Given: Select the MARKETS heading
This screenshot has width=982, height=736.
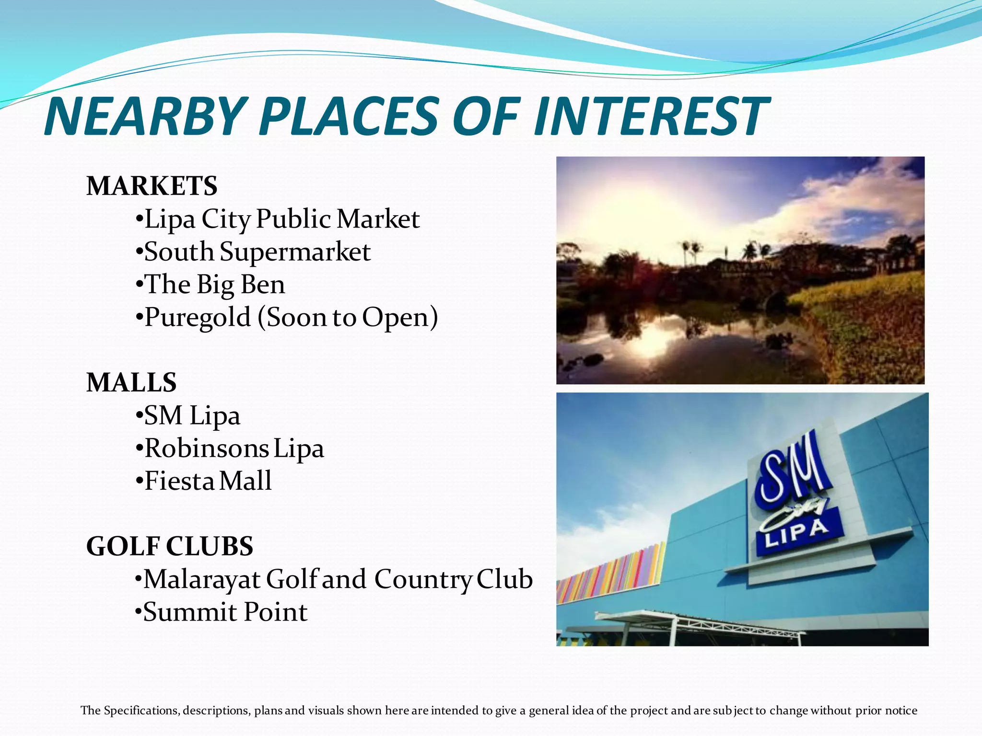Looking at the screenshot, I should pyautogui.click(x=152, y=186).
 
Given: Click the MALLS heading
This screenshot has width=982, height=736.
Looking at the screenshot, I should pyautogui.click(x=131, y=382).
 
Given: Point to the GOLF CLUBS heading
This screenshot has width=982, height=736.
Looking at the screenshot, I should pyautogui.click(x=170, y=546).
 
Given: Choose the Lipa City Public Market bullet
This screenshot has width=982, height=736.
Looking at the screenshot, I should pyautogui.click(x=281, y=219).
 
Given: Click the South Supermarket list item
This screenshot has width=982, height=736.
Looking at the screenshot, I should pyautogui.click(x=257, y=252).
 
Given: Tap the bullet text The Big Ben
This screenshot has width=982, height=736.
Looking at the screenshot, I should pyautogui.click(x=214, y=285).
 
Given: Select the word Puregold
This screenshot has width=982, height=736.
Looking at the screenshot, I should pyautogui.click(x=198, y=317).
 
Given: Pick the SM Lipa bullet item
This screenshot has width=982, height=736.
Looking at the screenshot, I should pyautogui.click(x=192, y=415).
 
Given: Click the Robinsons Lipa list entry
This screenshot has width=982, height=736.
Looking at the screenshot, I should pyautogui.click(x=234, y=448).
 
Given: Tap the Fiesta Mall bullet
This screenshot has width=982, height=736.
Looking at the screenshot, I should pyautogui.click(x=208, y=481).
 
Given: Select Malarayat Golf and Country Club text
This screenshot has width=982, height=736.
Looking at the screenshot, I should pyautogui.click(x=338, y=579).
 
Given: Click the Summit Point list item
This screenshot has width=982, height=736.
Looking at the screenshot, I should pyautogui.click(x=225, y=612).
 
